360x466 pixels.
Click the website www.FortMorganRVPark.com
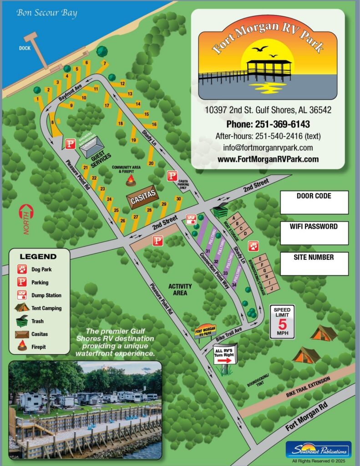(268, 159)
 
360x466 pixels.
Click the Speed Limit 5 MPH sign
(282, 321)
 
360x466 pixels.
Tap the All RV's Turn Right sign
(225, 355)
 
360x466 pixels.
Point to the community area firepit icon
(131, 181)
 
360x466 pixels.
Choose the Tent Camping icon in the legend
(21, 308)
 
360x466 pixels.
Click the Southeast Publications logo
(318, 450)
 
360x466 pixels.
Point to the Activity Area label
(180, 289)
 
